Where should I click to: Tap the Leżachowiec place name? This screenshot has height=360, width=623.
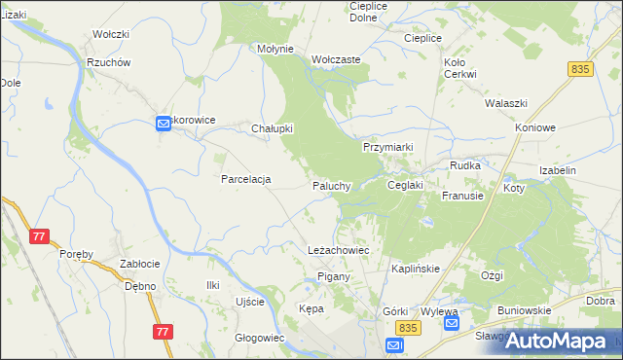(x=338, y=250)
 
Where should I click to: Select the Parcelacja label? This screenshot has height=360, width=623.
(x=245, y=179)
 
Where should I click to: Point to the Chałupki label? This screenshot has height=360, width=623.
(x=273, y=128)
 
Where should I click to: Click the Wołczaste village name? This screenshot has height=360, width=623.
(x=337, y=59)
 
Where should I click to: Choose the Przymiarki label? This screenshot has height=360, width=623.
(x=388, y=147)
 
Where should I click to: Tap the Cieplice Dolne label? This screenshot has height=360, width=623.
(x=368, y=12)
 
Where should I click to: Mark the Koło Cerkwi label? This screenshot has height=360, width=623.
(x=459, y=68)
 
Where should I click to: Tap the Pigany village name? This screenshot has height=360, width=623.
(x=334, y=277)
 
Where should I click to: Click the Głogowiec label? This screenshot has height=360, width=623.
(x=259, y=339)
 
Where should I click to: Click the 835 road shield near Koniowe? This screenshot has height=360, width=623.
(x=581, y=69)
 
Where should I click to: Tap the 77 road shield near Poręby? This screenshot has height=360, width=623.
(x=40, y=236)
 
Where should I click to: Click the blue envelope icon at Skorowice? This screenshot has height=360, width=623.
(x=163, y=123)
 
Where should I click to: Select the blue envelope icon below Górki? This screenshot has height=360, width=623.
(x=393, y=345)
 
